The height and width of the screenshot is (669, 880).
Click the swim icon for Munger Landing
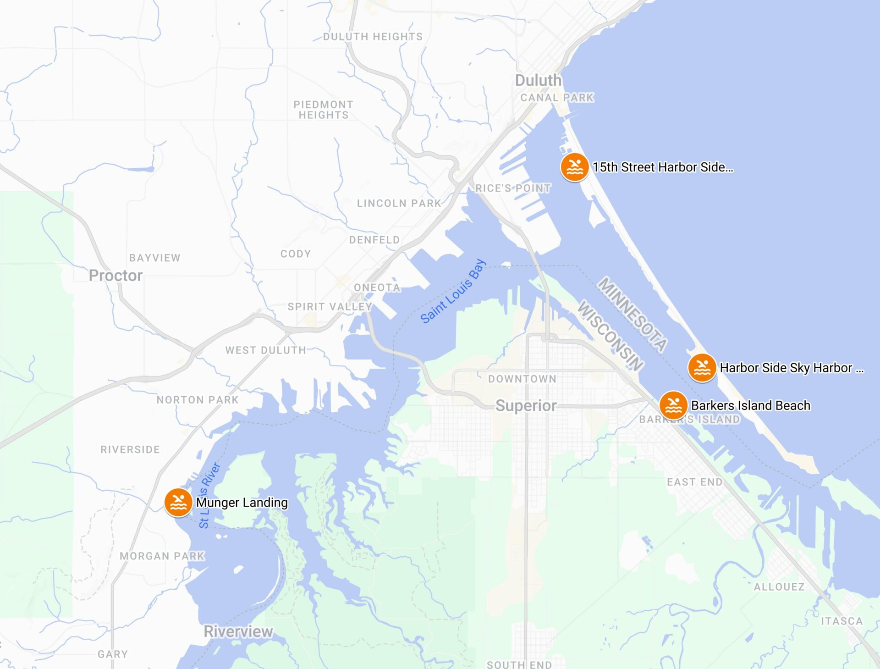(x=178, y=503)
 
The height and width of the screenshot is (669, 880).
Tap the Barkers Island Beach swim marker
(x=673, y=405)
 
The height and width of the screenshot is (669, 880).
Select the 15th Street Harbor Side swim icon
(x=574, y=167)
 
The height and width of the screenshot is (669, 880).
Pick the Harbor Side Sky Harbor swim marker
(x=702, y=367)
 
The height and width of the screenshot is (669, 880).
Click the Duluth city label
(x=538, y=80)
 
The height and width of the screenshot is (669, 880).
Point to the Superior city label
(x=526, y=406)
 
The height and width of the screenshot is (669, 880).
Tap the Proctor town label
(x=115, y=276)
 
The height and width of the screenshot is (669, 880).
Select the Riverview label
(x=238, y=631)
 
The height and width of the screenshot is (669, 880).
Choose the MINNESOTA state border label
(x=632, y=315)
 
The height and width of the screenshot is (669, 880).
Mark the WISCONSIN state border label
(x=610, y=336)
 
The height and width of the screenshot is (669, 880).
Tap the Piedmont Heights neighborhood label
(x=324, y=110)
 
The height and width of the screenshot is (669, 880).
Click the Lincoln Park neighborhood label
(x=399, y=203)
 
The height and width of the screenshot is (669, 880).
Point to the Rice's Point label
(x=513, y=188)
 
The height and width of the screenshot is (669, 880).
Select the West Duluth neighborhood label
(x=265, y=350)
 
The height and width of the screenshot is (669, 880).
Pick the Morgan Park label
(x=162, y=556)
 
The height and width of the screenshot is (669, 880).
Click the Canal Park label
(x=557, y=98)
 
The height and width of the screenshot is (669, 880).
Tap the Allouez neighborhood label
(x=779, y=587)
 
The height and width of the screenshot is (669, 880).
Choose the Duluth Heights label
(x=373, y=37)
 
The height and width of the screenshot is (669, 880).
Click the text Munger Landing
(x=242, y=503)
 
